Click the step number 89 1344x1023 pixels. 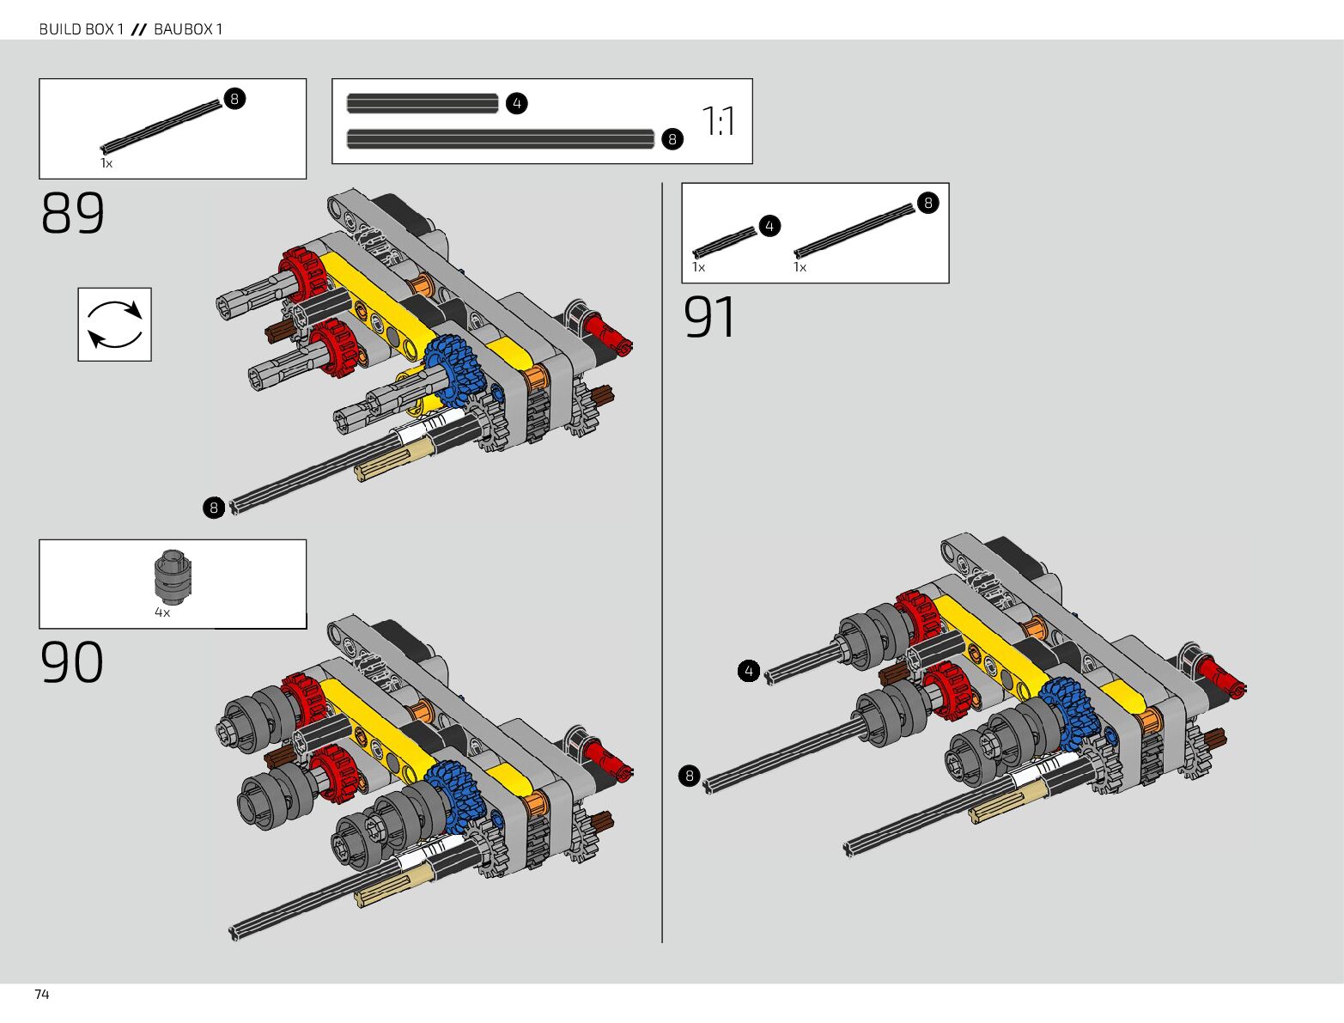[73, 214]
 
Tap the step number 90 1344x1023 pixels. [72, 662]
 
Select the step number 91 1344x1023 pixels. [709, 318]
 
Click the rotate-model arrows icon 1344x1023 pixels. [115, 325]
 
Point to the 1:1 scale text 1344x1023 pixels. [718, 121]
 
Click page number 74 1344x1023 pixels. [42, 995]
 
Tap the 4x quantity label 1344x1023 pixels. [162, 612]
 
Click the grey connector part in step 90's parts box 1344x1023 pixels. [173, 574]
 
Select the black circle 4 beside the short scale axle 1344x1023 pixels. [516, 104]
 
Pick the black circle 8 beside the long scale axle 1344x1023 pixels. [672, 139]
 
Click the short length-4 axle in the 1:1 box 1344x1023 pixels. [423, 104]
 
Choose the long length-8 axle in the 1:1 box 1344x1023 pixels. [501, 139]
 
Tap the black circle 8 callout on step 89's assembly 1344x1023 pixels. [214, 508]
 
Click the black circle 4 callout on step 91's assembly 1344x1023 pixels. [749, 671]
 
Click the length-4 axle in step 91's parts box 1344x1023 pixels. [724, 241]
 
